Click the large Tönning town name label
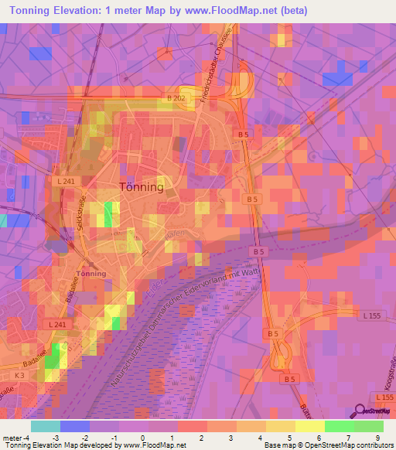coord(142,186)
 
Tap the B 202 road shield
coord(176,98)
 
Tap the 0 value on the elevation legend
coord(142,438)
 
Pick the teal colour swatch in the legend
coord(46,426)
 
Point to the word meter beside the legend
coord(12,438)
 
